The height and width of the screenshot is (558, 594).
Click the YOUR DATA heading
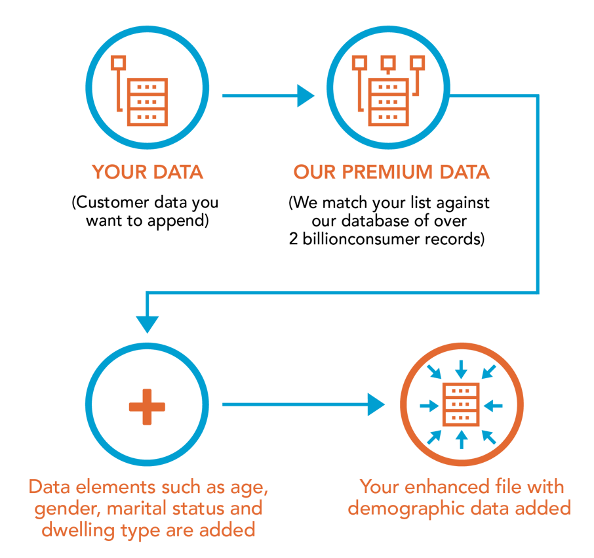click(x=148, y=172)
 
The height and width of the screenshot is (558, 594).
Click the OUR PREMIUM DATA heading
click(x=391, y=172)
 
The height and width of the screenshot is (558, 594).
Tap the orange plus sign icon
click(x=147, y=406)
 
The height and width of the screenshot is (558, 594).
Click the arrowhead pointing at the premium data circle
click(x=306, y=96)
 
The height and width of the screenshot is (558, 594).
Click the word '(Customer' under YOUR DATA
click(x=105, y=202)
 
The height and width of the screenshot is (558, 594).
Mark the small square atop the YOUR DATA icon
click(x=119, y=62)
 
